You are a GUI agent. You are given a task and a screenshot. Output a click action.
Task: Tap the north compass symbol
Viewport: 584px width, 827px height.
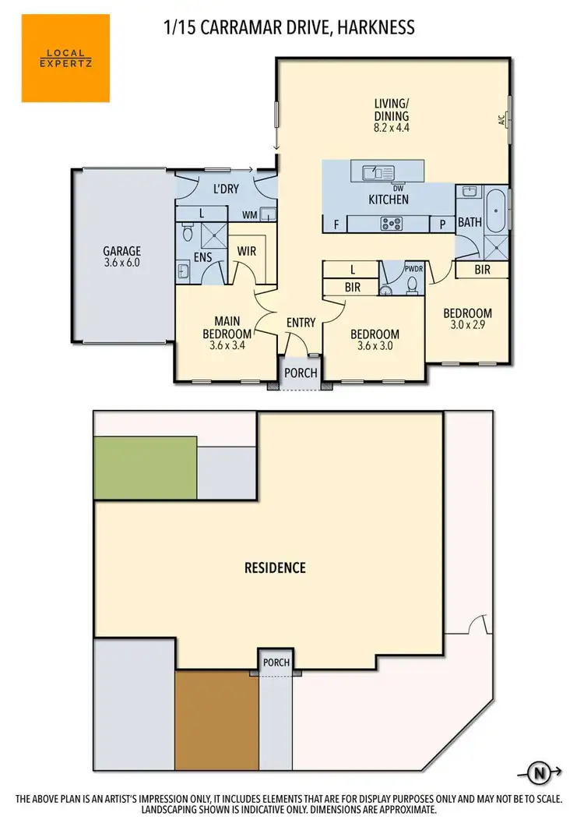point(538,773)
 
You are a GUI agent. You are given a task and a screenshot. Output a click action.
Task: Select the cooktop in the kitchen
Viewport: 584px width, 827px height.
point(390,224)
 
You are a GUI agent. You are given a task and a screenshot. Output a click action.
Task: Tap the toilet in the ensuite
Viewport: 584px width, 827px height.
point(188,231)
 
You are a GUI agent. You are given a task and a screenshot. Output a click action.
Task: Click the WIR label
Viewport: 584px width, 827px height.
point(247,251)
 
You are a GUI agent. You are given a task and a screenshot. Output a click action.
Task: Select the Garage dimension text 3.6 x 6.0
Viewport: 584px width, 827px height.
point(122,263)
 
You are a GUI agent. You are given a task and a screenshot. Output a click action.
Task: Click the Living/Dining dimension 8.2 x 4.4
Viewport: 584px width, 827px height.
point(391,128)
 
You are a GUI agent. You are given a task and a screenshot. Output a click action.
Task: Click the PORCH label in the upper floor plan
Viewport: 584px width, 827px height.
point(301,373)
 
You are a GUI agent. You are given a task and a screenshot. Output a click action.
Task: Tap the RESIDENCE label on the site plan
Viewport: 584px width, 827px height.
point(275,567)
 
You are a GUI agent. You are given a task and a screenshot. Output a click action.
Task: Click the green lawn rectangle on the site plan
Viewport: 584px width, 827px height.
point(145,468)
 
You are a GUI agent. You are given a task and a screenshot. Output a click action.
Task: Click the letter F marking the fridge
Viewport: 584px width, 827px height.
point(336,224)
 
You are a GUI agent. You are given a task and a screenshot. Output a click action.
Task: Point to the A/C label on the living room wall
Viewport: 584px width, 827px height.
point(501,120)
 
